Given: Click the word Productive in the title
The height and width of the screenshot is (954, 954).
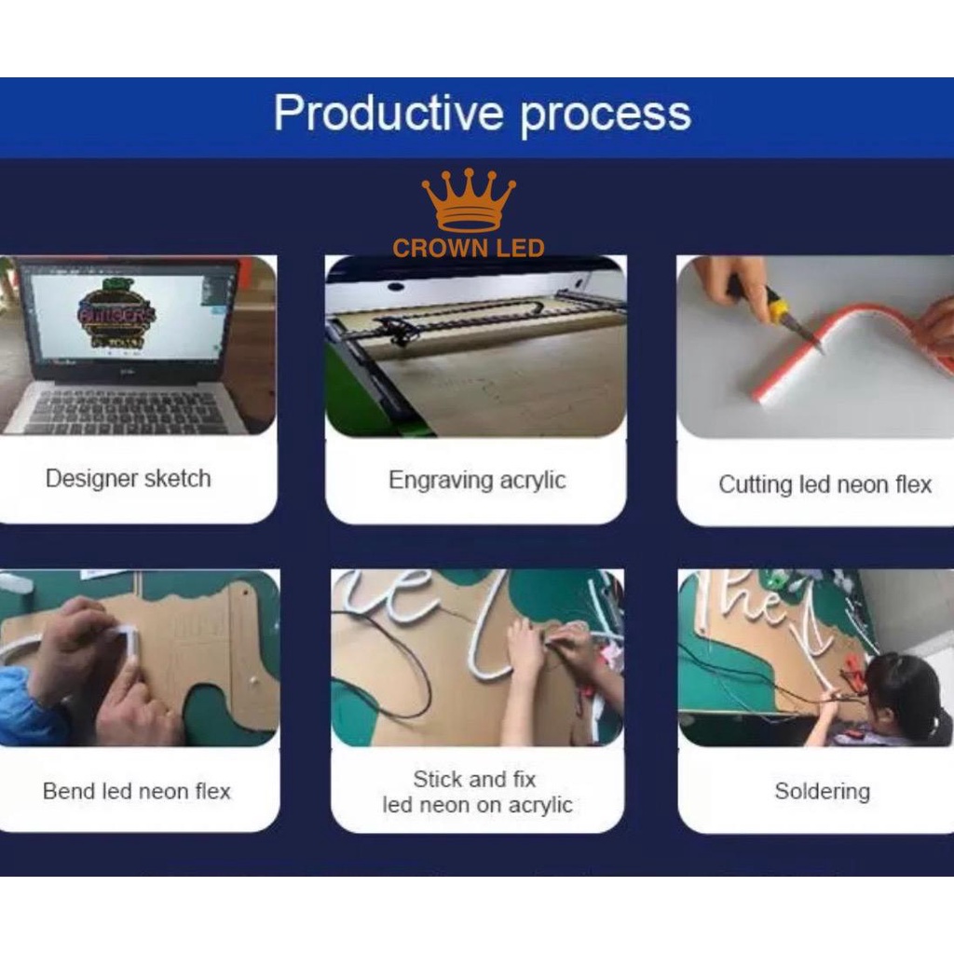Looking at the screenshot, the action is tap(388, 113).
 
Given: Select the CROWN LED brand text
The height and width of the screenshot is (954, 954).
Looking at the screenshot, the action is tap(468, 248).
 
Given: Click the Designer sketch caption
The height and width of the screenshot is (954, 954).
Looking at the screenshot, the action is tap(129, 478).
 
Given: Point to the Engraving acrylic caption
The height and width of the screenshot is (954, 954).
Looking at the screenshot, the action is tap(477, 480).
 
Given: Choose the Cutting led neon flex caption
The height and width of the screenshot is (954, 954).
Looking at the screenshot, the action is tap(825, 484).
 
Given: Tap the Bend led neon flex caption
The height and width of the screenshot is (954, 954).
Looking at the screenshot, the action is tap(137, 791).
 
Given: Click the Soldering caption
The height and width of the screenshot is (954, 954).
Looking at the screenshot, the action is tap(822, 792).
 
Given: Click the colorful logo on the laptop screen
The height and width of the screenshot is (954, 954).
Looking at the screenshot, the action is tap(116, 315).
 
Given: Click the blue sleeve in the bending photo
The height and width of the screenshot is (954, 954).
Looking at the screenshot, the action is tap(27, 706).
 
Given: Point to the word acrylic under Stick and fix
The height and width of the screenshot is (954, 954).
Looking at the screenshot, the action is tap(540, 806).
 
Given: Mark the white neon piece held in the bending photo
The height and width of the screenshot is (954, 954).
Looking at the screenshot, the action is tap(129, 640).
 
